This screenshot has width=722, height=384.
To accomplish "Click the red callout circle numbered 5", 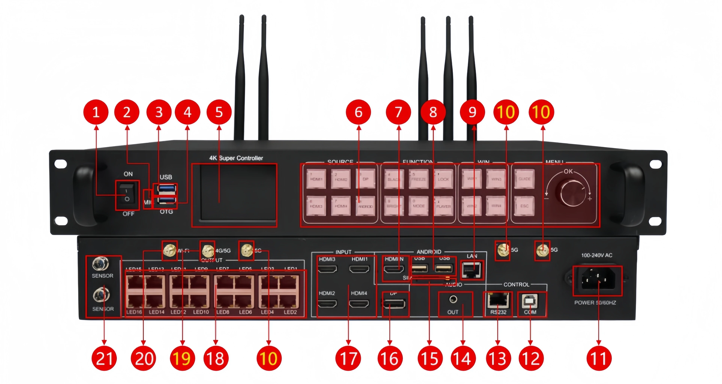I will [x=219, y=112].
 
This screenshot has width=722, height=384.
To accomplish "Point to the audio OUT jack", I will [x=453, y=300].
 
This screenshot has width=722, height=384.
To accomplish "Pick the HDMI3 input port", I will [x=327, y=269].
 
